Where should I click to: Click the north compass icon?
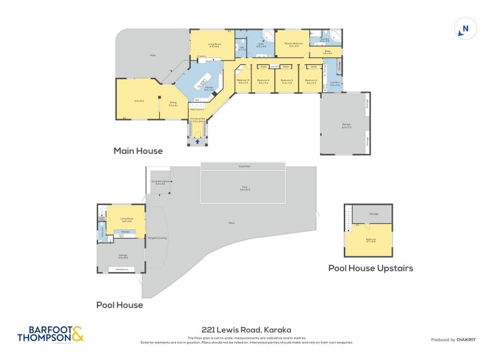click(x=466, y=28)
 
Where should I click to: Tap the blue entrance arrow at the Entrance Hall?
click(x=197, y=142)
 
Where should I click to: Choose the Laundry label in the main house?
click(x=335, y=83)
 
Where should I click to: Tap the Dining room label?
click(x=173, y=104)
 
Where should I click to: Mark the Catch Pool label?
click(x=244, y=166)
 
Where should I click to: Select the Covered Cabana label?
click(x=160, y=182)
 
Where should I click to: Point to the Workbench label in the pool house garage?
click(x=122, y=270)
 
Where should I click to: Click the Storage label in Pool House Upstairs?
click(x=374, y=214)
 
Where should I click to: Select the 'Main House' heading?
click(x=138, y=151)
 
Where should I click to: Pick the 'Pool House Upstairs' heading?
click(x=371, y=268)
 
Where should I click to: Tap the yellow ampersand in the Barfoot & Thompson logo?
click(x=77, y=334)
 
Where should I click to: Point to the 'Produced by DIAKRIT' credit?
click(x=452, y=339)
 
